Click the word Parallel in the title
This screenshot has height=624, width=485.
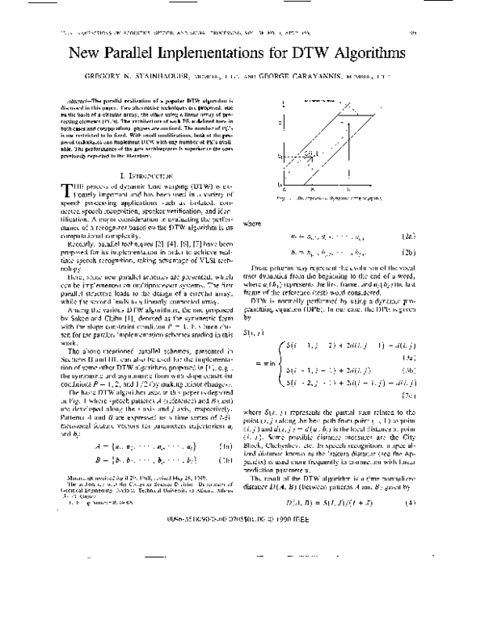click(x=166, y=54)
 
